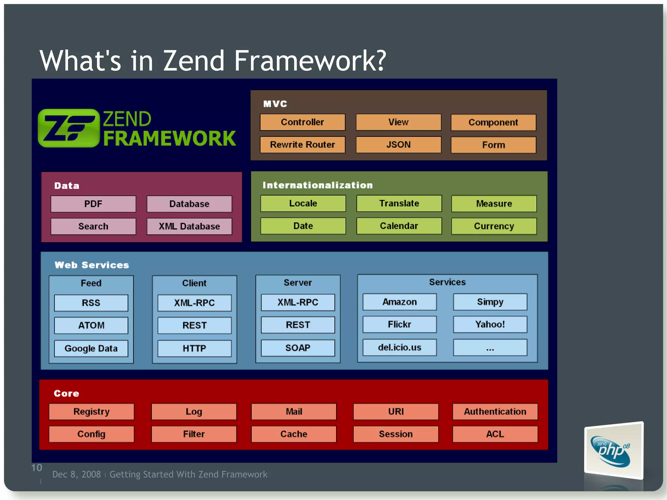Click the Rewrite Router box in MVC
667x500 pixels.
(x=302, y=145)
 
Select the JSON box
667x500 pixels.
(x=398, y=145)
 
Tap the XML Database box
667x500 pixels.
(x=189, y=226)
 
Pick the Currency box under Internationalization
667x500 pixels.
(x=494, y=226)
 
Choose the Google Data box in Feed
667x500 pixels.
(x=91, y=348)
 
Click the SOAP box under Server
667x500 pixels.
(x=298, y=348)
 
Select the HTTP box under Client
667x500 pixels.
(x=194, y=348)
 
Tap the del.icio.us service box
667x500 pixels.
(x=400, y=347)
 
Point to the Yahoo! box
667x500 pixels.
(x=490, y=324)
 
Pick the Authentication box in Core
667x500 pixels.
(x=495, y=411)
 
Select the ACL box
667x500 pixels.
(x=495, y=434)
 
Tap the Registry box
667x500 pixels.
(x=91, y=411)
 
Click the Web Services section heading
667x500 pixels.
(x=92, y=265)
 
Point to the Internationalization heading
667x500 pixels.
(x=318, y=185)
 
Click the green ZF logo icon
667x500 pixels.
(x=69, y=128)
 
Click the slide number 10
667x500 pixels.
(x=36, y=468)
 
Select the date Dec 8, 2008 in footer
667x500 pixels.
(x=77, y=474)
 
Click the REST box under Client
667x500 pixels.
(x=194, y=325)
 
